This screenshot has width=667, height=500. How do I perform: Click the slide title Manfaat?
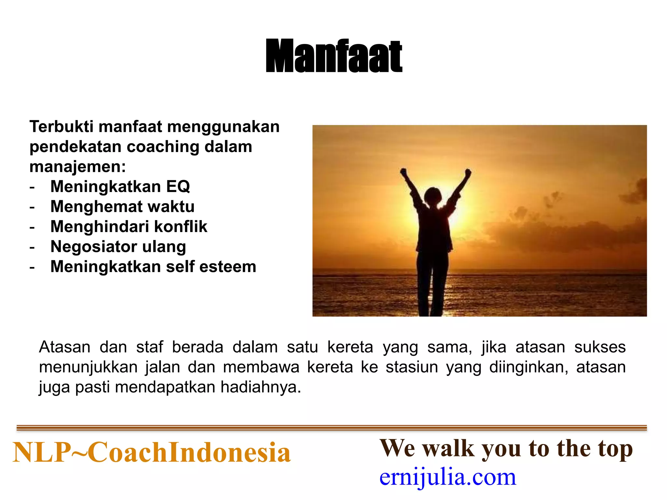tap(334, 56)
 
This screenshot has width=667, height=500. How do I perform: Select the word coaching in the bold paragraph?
tap(163, 147)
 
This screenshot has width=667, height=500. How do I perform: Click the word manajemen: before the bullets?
tap(78, 167)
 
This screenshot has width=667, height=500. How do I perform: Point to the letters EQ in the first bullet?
tap(178, 187)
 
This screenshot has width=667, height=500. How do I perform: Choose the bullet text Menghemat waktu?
tap(122, 207)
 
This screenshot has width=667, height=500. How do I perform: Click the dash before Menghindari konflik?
tap(32, 227)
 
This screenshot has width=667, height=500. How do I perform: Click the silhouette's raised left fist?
tap(403, 171)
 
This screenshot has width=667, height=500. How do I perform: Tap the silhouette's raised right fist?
tap(468, 172)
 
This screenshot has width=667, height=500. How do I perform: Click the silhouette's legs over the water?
tap(432, 286)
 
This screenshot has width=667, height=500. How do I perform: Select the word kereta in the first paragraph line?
tap(350, 347)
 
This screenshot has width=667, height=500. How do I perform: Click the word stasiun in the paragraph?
tap(412, 367)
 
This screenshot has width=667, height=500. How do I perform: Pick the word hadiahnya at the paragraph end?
tap(261, 387)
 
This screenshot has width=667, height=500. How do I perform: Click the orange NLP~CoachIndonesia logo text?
tap(151, 452)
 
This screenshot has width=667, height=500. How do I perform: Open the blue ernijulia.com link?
tap(448, 477)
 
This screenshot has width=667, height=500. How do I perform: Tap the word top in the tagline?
tap(615, 449)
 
